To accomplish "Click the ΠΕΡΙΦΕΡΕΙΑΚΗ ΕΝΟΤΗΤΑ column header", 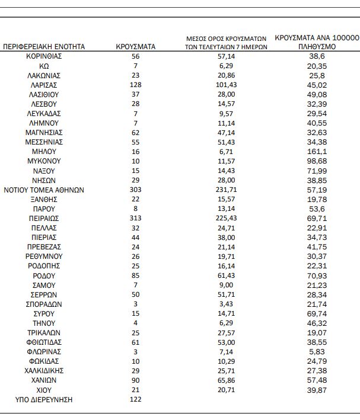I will tap(44, 46).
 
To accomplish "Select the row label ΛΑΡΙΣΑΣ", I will tap(44, 85).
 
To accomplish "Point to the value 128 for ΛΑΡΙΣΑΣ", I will tap(135, 85).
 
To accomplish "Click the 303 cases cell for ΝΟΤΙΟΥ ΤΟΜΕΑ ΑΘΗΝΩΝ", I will tap(135, 190).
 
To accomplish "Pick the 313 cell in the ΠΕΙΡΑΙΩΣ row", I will tap(135, 218).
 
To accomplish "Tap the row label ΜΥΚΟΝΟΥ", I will tap(44, 161).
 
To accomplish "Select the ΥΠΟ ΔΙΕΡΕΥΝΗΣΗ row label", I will tap(44, 400).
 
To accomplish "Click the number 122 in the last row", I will tap(135, 400).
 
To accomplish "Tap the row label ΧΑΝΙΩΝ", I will tap(44, 381).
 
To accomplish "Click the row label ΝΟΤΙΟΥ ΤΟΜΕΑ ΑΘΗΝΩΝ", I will tap(44, 190).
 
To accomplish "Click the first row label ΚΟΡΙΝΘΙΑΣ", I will tap(44, 56).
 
